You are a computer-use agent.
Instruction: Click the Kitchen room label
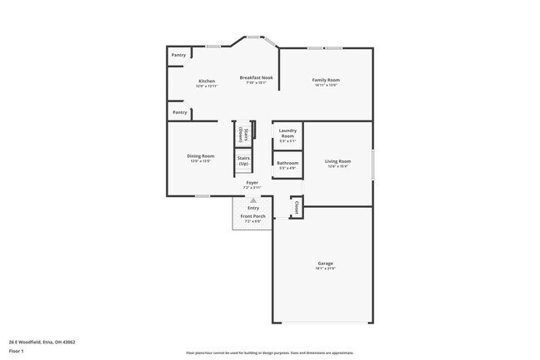[x=206, y=81]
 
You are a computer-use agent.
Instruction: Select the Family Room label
[x=326, y=80]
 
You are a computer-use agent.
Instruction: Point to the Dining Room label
[x=200, y=155]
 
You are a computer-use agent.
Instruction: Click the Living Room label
[x=337, y=161]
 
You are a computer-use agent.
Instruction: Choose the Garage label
[x=325, y=264]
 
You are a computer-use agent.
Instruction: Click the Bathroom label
[x=287, y=163]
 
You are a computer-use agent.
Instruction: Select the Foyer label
[x=252, y=182]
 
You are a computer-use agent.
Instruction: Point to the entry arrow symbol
[x=253, y=200]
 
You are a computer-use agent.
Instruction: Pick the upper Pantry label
[x=179, y=56]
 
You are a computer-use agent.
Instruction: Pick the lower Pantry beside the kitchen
[x=179, y=111]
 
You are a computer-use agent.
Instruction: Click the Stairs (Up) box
[x=243, y=160]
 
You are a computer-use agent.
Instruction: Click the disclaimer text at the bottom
[x=269, y=353]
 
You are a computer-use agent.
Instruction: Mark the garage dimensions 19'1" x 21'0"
[x=325, y=269]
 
